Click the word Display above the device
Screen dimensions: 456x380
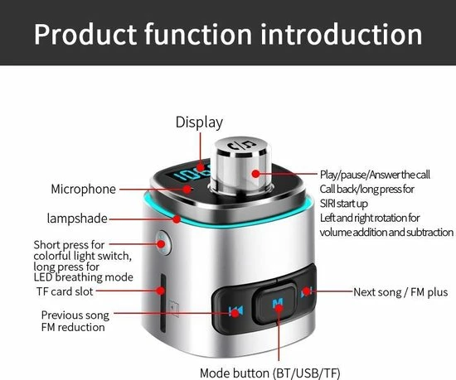coord(199,123)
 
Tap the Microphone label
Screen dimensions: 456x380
coord(84,190)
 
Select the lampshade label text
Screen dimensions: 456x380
coord(77,219)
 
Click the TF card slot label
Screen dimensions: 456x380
coord(65,291)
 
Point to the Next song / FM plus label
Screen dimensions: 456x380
coord(400,292)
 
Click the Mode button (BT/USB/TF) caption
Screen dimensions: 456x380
coord(270,373)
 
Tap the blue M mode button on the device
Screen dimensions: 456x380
coord(278,303)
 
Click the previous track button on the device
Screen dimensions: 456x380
coord(235,311)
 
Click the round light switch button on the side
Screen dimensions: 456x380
coord(163,243)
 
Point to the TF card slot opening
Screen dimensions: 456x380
coord(163,303)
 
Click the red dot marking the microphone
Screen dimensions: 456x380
coord(188,190)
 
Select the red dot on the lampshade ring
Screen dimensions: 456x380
coord(177,219)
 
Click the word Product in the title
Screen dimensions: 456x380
coord(85,34)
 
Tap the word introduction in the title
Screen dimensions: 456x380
coord(342,34)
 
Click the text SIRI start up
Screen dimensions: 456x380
coord(344,204)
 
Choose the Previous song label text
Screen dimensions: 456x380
coord(75,315)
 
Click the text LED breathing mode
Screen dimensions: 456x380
coord(84,277)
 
